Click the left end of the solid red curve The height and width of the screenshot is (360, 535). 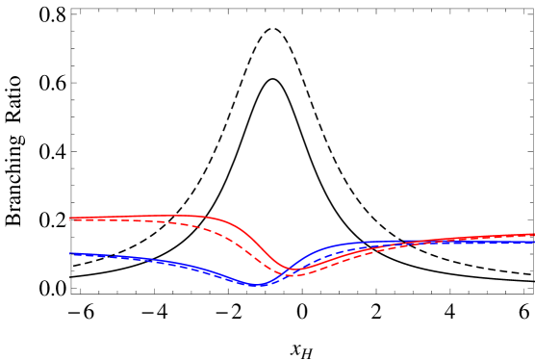tap(70, 218)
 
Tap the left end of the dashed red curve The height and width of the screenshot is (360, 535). tap(70, 220)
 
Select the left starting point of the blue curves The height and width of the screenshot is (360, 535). tap(70, 254)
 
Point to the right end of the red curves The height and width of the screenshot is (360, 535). tap(533, 234)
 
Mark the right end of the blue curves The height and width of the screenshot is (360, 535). tap(533, 243)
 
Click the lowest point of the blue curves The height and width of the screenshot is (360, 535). tap(255, 285)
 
